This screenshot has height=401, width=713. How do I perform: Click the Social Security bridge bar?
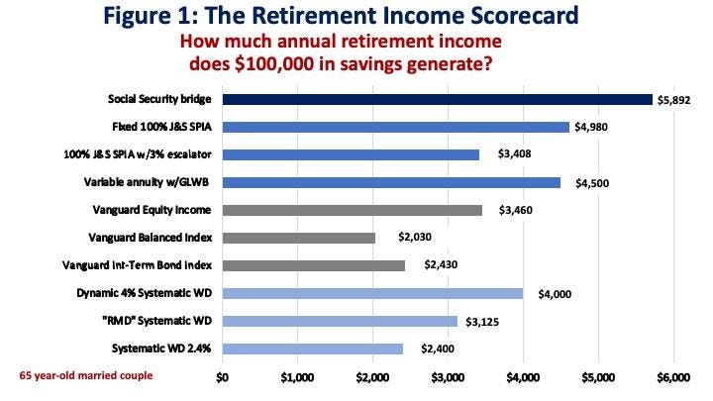click(x=438, y=100)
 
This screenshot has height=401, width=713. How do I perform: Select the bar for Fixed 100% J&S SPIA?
click(x=395, y=128)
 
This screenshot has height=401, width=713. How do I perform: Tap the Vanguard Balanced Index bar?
click(x=299, y=238)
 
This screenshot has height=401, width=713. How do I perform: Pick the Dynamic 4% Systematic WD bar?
click(x=372, y=293)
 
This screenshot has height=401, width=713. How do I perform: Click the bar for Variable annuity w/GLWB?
click(x=391, y=183)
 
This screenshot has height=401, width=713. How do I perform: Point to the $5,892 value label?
click(x=674, y=100)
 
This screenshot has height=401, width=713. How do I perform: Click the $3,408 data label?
click(x=514, y=154)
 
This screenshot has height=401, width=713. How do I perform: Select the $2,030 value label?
click(x=415, y=237)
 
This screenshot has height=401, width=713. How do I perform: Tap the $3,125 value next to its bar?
click(x=482, y=322)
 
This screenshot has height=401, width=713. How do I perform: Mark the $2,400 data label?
click(x=438, y=349)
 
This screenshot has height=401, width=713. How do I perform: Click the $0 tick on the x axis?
click(x=222, y=377)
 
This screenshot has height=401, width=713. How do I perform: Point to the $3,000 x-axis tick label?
click(x=448, y=377)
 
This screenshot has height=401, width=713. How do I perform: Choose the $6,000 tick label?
click(x=673, y=377)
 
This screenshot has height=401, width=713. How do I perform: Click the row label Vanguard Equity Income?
click(x=152, y=210)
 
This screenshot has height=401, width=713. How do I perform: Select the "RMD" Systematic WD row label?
click(x=157, y=321)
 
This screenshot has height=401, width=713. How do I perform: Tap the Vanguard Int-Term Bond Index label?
click(x=137, y=265)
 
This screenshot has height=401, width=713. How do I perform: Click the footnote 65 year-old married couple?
click(x=86, y=376)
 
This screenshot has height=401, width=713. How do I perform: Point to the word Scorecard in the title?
click(x=524, y=15)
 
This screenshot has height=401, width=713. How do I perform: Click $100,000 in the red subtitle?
click(x=274, y=64)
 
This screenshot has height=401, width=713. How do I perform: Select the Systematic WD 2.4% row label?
click(x=161, y=349)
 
